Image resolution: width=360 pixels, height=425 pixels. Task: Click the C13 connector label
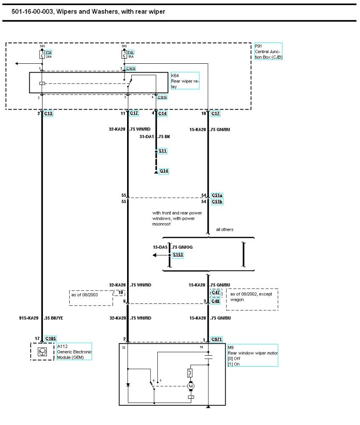(x=48, y=113)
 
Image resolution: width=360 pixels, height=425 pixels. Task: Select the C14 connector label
(x=163, y=113)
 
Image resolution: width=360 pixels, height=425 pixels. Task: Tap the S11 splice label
(x=163, y=151)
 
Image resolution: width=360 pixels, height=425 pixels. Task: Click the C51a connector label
(x=217, y=195)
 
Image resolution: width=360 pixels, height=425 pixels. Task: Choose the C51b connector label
(x=217, y=201)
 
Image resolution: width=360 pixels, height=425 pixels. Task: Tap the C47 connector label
(x=215, y=293)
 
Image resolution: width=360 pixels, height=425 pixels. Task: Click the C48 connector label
(x=215, y=301)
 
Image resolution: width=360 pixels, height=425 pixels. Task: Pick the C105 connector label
(x=51, y=339)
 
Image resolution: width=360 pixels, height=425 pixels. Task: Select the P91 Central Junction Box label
(x=268, y=51)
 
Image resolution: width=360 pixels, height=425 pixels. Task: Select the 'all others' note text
(x=224, y=229)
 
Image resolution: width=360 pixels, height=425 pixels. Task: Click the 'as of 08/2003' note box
(x=91, y=297)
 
